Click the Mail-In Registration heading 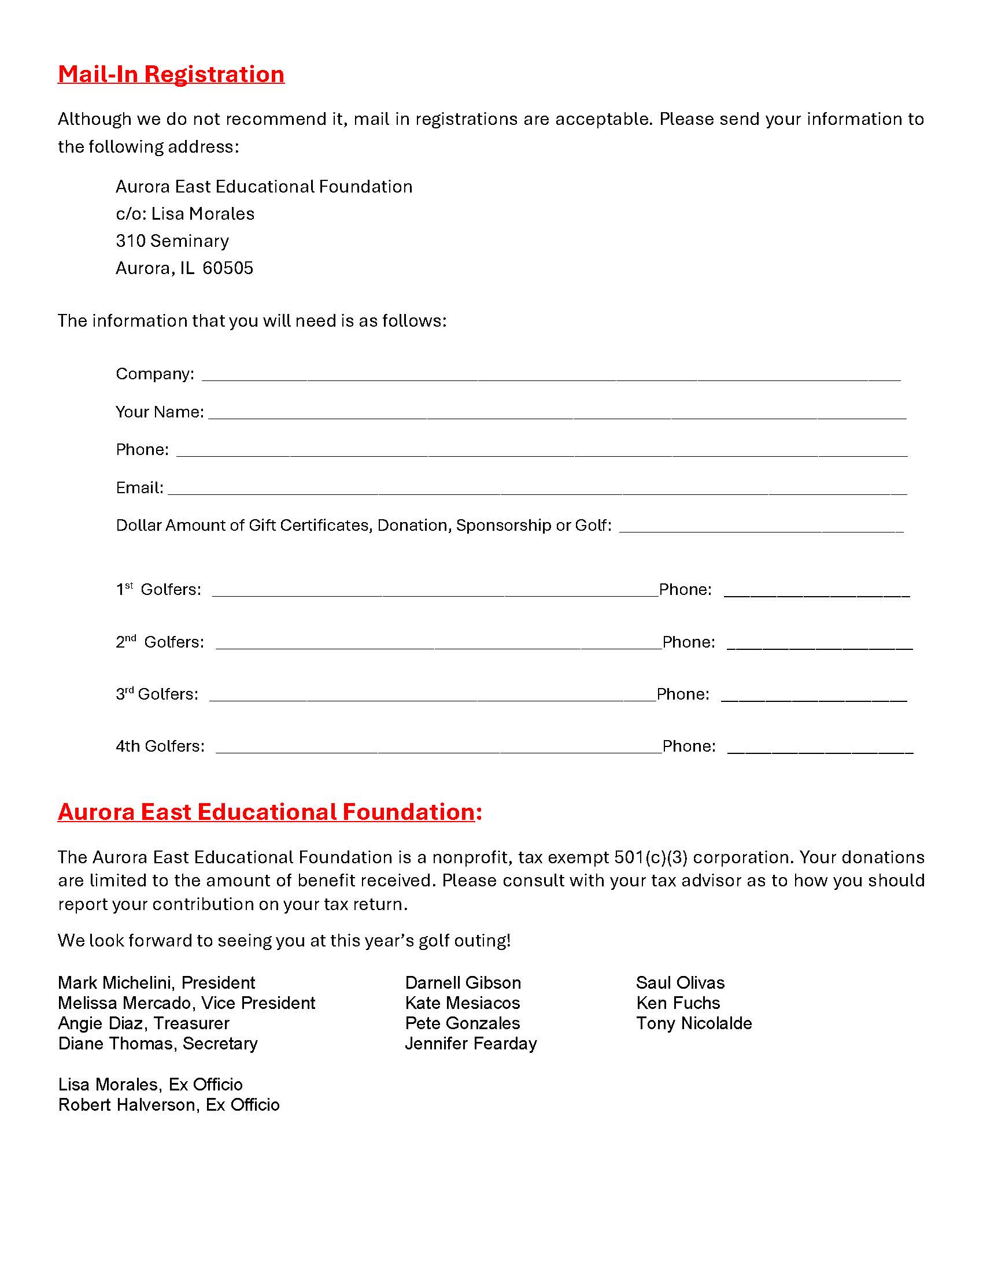click(171, 74)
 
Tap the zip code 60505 click(228, 268)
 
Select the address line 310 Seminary click(172, 241)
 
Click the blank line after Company click(550, 376)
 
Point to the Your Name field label click(160, 412)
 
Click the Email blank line click(537, 489)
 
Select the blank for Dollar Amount click(760, 527)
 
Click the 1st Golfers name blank click(434, 591)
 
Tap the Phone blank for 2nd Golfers click(819, 644)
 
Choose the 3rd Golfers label click(157, 694)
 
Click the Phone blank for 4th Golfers click(820, 748)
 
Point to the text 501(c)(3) click(651, 857)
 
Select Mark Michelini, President click(157, 982)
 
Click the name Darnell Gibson click(463, 982)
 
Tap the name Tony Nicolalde click(693, 1023)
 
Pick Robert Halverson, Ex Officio click(169, 1105)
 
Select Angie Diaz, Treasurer click(143, 1023)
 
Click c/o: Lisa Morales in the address click(185, 214)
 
